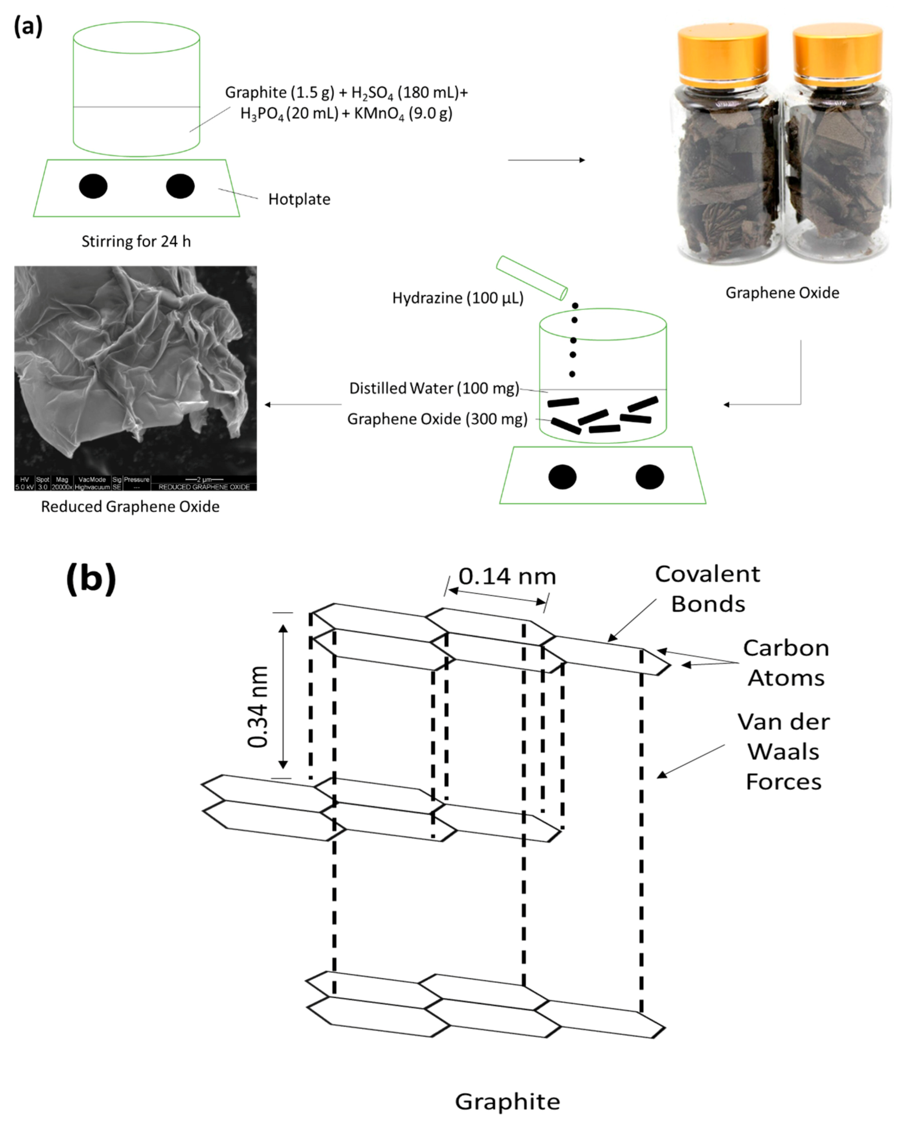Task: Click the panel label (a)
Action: [28, 27]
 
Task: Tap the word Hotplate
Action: [299, 199]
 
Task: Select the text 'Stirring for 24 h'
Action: [136, 241]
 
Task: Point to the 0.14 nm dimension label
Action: [507, 576]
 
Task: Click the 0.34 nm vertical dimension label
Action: [258, 706]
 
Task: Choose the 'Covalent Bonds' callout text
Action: [707, 589]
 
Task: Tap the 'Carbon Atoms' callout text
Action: [786, 663]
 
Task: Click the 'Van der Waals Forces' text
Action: [783, 751]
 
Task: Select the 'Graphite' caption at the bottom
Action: [507, 1102]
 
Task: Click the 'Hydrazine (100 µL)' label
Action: [457, 298]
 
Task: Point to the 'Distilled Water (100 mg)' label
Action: [434, 388]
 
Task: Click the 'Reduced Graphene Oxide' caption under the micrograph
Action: [130, 506]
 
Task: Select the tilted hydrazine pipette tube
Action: [531, 278]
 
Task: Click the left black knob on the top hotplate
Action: [93, 186]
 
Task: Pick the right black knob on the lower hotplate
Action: [649, 477]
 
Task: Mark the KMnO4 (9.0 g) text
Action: [403, 114]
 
